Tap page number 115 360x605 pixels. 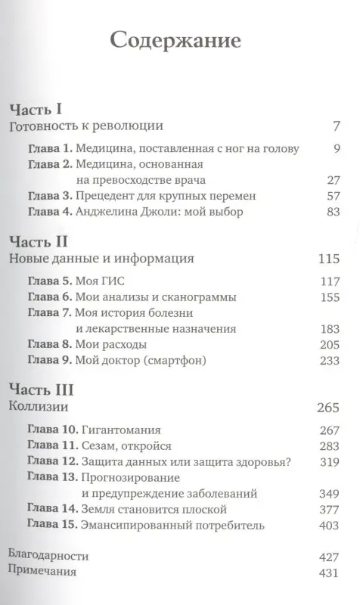pyautogui.click(x=330, y=259)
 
